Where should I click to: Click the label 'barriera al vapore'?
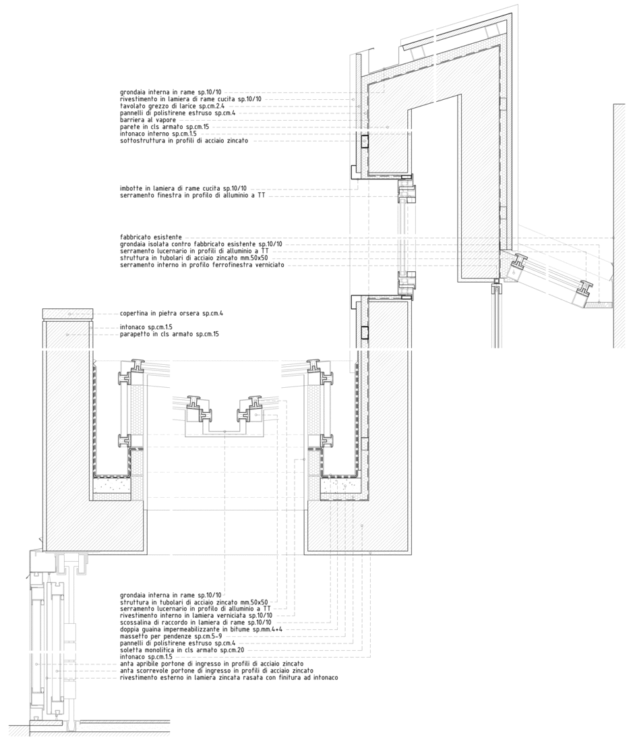point(148,120)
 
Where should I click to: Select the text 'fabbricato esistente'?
point(151,237)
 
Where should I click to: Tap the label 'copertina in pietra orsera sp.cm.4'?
point(172,314)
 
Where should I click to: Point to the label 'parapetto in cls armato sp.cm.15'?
point(169,335)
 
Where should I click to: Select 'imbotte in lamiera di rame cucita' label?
point(171,188)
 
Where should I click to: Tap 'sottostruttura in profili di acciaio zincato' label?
point(184,141)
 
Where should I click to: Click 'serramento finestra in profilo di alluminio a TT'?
point(192,196)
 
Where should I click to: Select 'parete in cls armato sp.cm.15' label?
point(164,127)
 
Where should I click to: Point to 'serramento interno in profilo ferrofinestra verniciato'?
point(202,264)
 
